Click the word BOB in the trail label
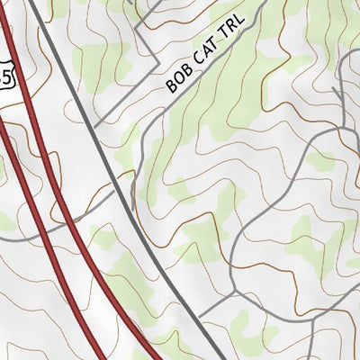[176, 84]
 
